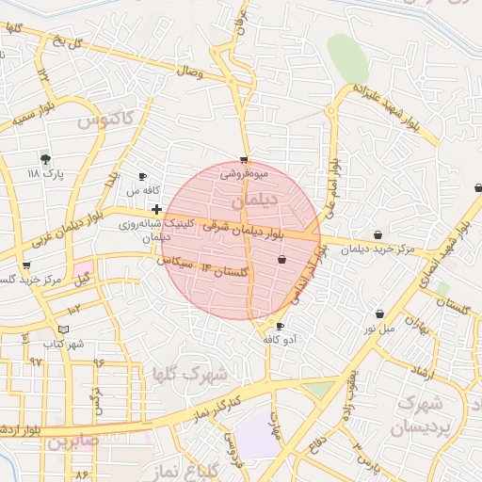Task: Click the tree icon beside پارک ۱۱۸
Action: coord(44,159)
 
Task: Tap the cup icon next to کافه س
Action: coord(142,176)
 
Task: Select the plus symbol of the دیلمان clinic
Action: coord(156,208)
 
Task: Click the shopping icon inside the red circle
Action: coord(281,259)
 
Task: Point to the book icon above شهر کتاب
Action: coord(63,329)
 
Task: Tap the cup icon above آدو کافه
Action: coord(280,326)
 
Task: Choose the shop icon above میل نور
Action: coord(379,313)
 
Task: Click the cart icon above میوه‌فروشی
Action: coord(245,160)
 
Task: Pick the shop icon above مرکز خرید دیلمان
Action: coord(378,235)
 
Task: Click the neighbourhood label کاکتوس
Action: coord(105,120)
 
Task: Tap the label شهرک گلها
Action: coord(191,375)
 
